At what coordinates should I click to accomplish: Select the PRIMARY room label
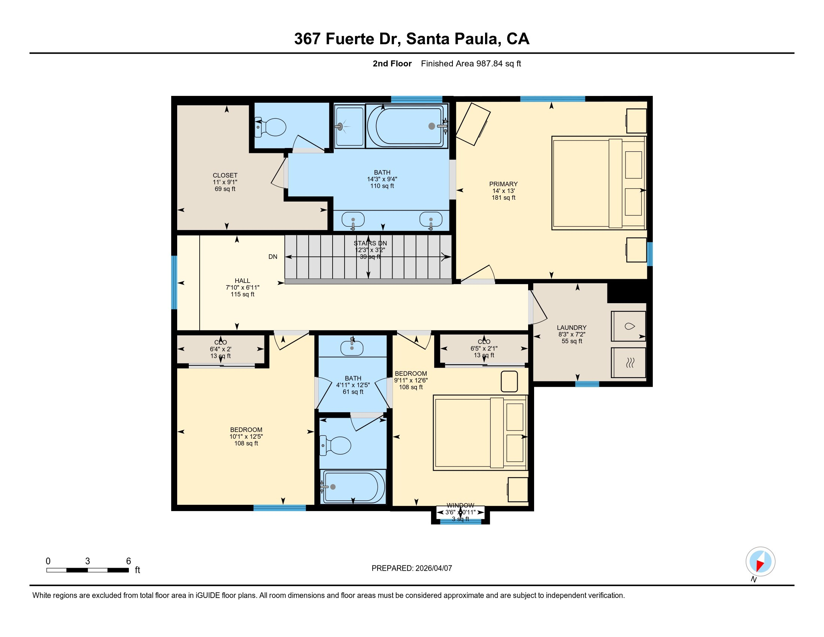503,184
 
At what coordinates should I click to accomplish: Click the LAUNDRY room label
572,327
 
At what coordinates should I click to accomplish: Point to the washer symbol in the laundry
628,326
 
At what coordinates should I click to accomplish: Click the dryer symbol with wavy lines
628,363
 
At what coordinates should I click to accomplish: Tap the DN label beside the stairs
273,257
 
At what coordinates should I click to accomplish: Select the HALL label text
242,281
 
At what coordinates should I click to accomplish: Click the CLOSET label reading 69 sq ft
225,182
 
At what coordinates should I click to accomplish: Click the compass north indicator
760,562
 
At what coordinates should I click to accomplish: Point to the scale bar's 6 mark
128,561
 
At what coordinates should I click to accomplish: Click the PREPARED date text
412,568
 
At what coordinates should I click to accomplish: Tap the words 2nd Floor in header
392,64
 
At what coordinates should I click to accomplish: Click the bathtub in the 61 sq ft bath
353,487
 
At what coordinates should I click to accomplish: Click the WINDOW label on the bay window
460,505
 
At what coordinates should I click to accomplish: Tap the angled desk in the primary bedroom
473,124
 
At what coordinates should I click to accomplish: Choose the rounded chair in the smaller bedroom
509,381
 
